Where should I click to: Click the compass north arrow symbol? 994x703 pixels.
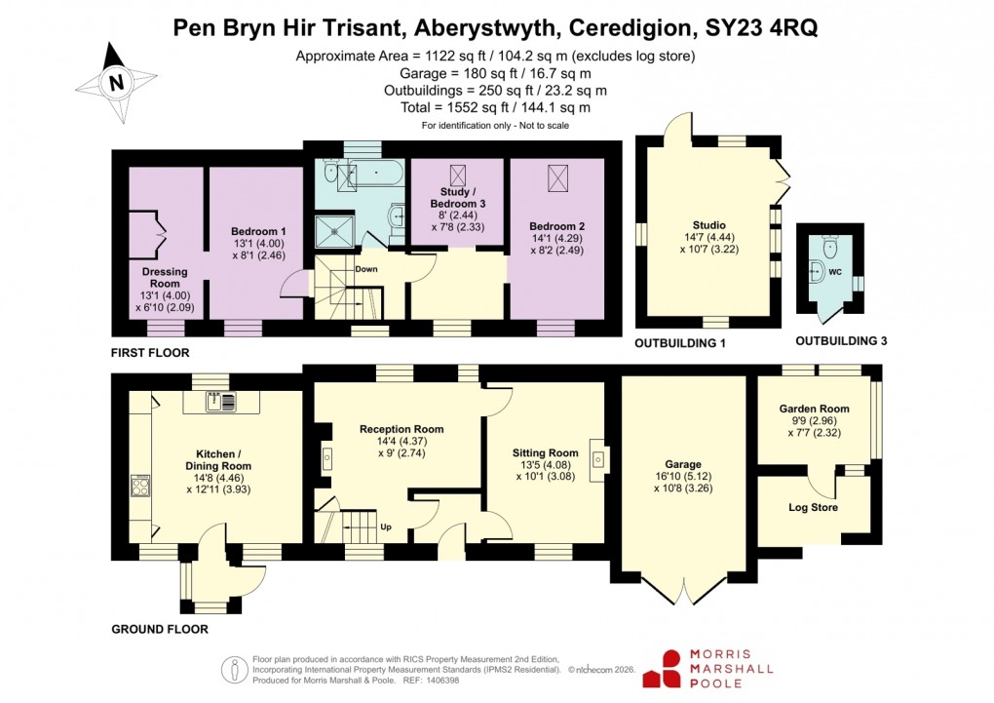(x=116, y=83)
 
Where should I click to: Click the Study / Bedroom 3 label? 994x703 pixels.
(x=455, y=198)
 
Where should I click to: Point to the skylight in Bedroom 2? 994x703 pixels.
(x=558, y=177)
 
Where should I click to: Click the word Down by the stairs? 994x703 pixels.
(x=366, y=269)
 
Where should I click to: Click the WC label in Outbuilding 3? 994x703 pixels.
(x=834, y=272)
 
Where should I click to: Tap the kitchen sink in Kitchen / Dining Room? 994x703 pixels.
(x=221, y=400)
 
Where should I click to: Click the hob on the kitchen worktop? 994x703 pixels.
(x=141, y=485)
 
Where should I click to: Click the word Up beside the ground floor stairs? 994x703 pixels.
(x=386, y=527)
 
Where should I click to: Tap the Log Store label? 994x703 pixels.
(x=813, y=507)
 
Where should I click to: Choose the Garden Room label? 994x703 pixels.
(x=814, y=409)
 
